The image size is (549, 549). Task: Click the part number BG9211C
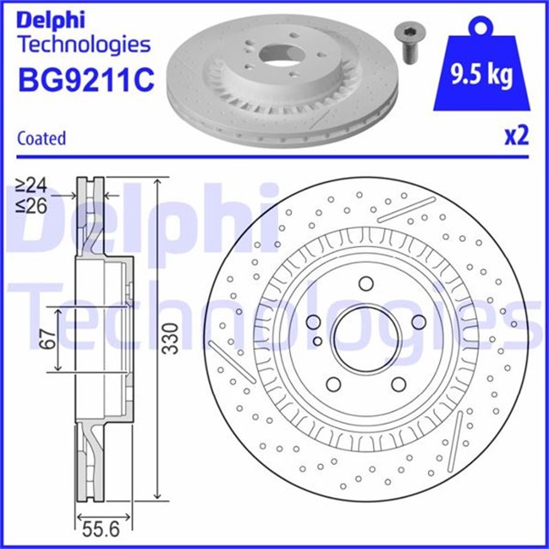(x=86, y=80)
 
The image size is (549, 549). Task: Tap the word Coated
(x=41, y=138)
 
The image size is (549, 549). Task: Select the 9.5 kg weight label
(x=481, y=75)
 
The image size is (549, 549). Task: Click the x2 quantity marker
(x=516, y=136)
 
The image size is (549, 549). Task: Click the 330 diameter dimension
(x=172, y=338)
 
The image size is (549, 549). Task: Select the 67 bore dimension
(x=48, y=338)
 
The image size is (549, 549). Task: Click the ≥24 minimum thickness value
(x=31, y=186)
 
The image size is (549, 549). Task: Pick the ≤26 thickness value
(x=31, y=206)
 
